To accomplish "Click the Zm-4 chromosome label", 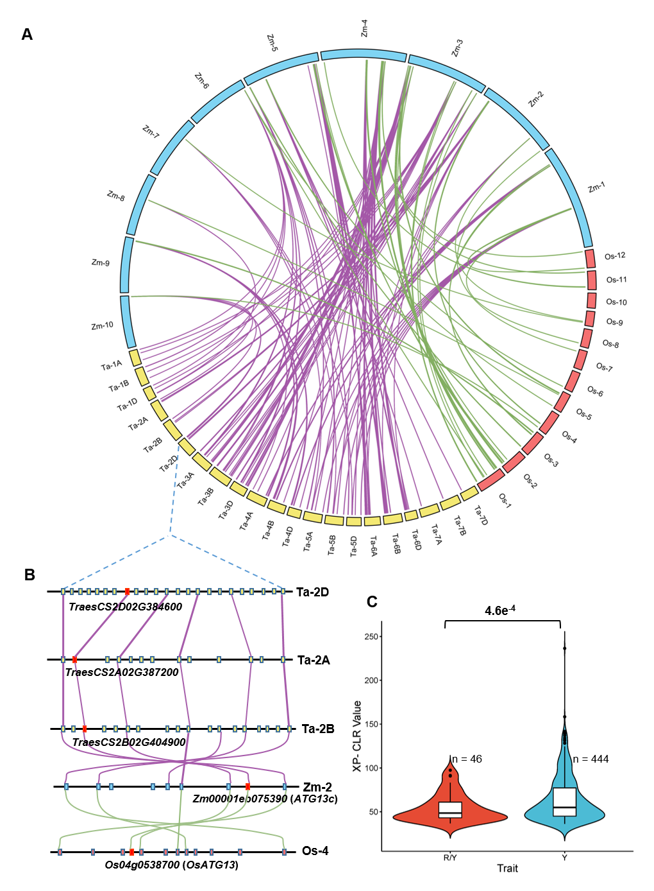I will [x=364, y=28].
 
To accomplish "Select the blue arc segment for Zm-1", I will [x=569, y=196].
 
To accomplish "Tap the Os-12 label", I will [x=615, y=256].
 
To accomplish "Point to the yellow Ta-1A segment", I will [x=135, y=357].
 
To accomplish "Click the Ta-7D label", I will [x=481, y=515].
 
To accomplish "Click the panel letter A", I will [x=27, y=35].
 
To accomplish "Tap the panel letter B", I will [x=29, y=575].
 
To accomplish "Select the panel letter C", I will [x=372, y=601].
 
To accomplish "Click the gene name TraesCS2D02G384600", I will [x=126, y=607].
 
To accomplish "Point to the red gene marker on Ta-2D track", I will [x=128, y=591].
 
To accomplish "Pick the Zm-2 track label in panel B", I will [x=317, y=787].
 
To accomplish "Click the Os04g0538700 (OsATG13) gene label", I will [x=172, y=865].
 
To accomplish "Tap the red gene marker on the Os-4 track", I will [x=131, y=852].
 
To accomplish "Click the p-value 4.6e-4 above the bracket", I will [x=499, y=610].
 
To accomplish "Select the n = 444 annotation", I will [x=591, y=759].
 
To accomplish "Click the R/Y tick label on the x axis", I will [x=450, y=858].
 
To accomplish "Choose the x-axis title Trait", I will [x=507, y=868].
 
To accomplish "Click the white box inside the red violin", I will [x=451, y=809].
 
